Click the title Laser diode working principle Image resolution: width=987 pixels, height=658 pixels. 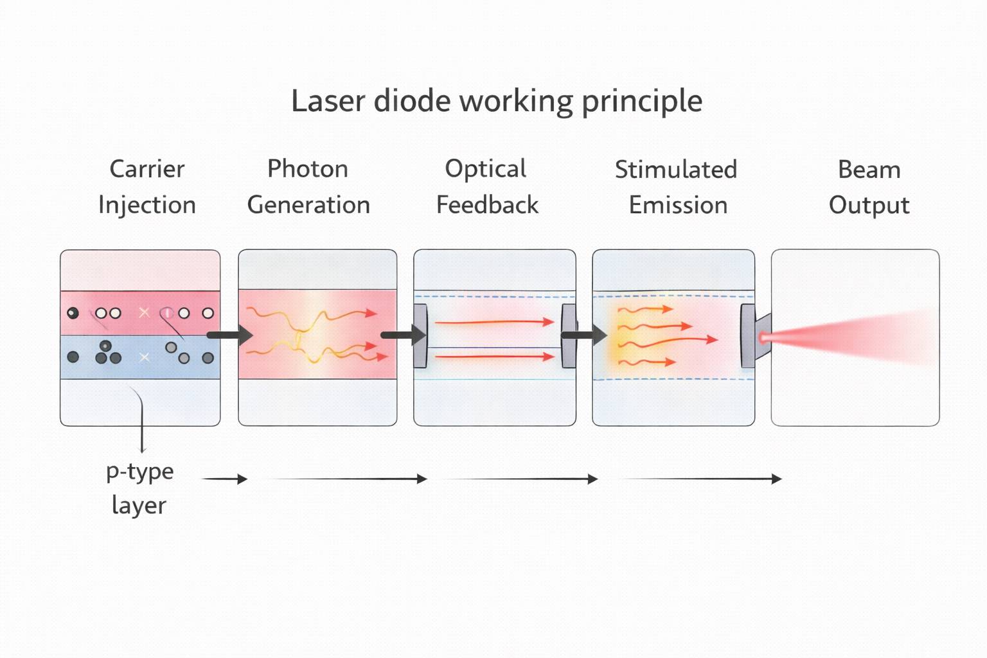pos(496,101)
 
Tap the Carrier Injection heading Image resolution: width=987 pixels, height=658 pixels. pos(147,186)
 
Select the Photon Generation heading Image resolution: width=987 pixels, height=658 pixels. pos(308,186)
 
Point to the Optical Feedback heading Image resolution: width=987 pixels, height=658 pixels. pos(487,186)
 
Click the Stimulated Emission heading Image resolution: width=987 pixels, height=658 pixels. pos(676,187)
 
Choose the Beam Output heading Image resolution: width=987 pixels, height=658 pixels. pos(869,187)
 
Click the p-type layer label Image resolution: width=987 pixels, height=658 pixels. pos(139,488)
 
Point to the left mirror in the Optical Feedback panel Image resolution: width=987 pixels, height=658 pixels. pos(420,335)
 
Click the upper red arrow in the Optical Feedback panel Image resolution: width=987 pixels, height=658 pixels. pos(493,321)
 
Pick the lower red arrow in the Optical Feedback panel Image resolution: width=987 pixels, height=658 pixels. pos(493,356)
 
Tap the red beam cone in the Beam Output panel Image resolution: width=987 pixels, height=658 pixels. pos(855,337)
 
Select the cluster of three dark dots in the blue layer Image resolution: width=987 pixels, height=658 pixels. pos(107,353)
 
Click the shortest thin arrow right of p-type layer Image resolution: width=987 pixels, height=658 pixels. pos(225,479)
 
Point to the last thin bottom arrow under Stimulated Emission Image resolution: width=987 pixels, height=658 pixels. pos(700,479)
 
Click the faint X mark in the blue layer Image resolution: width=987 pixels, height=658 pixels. pos(145,357)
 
